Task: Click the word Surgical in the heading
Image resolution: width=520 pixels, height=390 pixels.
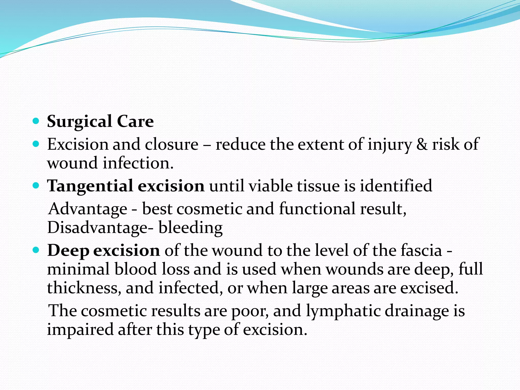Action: coord(79,122)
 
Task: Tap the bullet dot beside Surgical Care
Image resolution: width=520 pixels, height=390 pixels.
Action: coord(36,121)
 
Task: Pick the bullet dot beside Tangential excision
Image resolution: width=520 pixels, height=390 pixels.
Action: coord(36,185)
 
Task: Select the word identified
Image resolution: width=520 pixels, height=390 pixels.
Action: coord(396,186)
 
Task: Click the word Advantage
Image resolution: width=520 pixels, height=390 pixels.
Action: coord(88,209)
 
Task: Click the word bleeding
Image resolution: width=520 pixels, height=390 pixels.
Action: coord(191,227)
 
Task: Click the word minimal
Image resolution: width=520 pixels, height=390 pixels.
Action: coord(78,269)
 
